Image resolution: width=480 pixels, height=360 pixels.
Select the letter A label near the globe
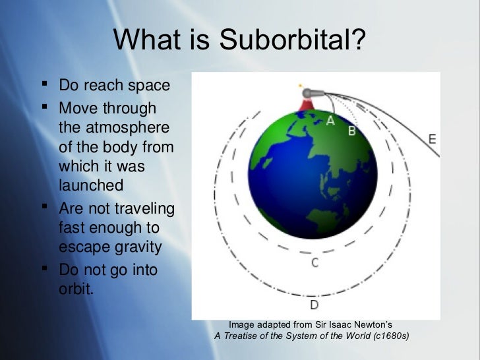pyautogui.click(x=330, y=121)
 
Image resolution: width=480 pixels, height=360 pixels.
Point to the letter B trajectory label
pyautogui.click(x=351, y=131)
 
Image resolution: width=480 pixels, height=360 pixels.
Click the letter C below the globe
pyautogui.click(x=315, y=263)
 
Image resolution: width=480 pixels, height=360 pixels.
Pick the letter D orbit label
pyautogui.click(x=315, y=305)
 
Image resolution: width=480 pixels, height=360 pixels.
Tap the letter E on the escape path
pyautogui.click(x=432, y=139)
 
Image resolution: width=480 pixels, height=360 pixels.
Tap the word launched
pyautogui.click(x=91, y=185)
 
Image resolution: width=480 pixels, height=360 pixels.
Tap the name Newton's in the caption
pyautogui.click(x=368, y=324)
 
